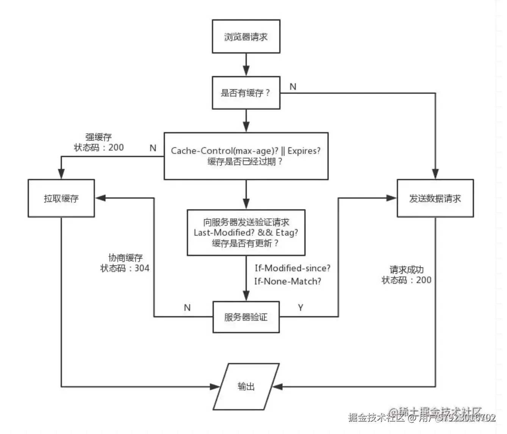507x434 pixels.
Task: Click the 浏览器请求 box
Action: [246, 37]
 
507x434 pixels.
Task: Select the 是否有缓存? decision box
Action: [246, 93]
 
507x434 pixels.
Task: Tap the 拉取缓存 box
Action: [61, 198]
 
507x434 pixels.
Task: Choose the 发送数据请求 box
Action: [435, 198]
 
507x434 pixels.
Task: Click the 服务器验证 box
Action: [246, 317]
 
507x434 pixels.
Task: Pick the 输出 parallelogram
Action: [246, 386]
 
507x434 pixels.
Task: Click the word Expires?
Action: [304, 151]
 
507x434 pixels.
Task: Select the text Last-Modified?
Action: [224, 233]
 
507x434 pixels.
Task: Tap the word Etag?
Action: [287, 233]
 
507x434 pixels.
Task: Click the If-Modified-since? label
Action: [292, 268]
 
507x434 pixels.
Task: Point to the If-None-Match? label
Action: [288, 281]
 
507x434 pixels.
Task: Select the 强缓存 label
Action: [99, 137]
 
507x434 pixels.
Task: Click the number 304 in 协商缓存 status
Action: [142, 268]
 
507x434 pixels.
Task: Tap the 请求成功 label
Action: [407, 270]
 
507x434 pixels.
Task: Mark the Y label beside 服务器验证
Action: [300, 308]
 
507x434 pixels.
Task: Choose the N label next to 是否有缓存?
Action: [293, 87]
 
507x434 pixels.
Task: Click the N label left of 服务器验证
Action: [187, 308]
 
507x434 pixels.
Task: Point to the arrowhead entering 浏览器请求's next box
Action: [246, 71]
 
